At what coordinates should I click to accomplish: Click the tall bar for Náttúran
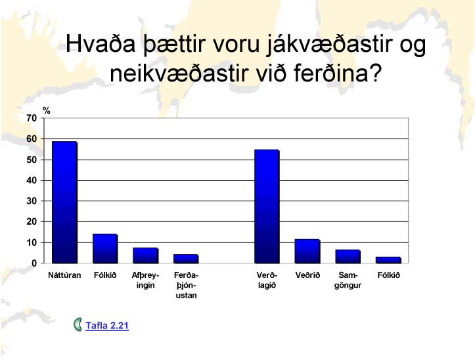[64, 202]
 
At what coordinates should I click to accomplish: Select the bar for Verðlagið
[267, 206]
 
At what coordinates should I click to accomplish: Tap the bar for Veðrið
[307, 251]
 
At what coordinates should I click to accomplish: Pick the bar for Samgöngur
[348, 256]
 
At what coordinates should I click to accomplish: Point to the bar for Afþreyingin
[145, 256]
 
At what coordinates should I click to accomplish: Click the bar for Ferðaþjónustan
[186, 259]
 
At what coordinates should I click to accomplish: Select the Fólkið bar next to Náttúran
[105, 248]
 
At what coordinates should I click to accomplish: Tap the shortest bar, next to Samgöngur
[388, 260]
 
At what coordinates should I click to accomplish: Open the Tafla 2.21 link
[107, 325]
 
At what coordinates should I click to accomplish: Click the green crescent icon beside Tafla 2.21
[78, 325]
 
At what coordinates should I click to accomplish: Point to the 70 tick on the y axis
[32, 118]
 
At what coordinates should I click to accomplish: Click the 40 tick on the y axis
[32, 180]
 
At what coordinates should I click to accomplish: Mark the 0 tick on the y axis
[34, 263]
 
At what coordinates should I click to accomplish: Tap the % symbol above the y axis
[47, 110]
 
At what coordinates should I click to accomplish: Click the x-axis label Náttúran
[64, 275]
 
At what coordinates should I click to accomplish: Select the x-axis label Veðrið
[307, 275]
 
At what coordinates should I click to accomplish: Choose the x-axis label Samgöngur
[348, 281]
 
